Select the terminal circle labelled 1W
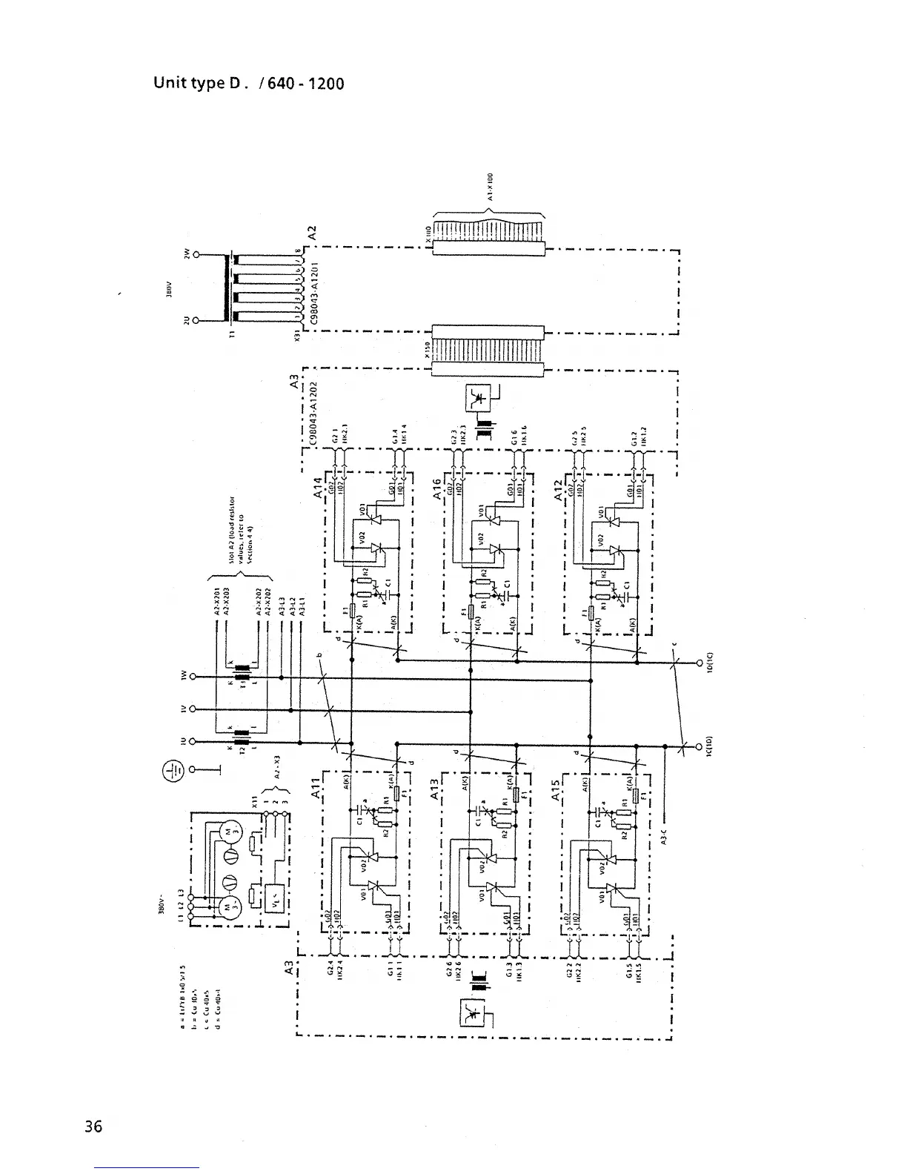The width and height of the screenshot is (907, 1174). [x=193, y=677]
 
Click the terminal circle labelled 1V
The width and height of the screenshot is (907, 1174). [x=193, y=709]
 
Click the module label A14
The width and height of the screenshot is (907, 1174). [x=318, y=487]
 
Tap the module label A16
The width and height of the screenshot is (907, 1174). [x=437, y=487]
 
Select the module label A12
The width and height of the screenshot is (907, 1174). [x=559, y=487]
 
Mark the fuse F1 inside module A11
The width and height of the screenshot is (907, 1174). [x=398, y=794]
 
